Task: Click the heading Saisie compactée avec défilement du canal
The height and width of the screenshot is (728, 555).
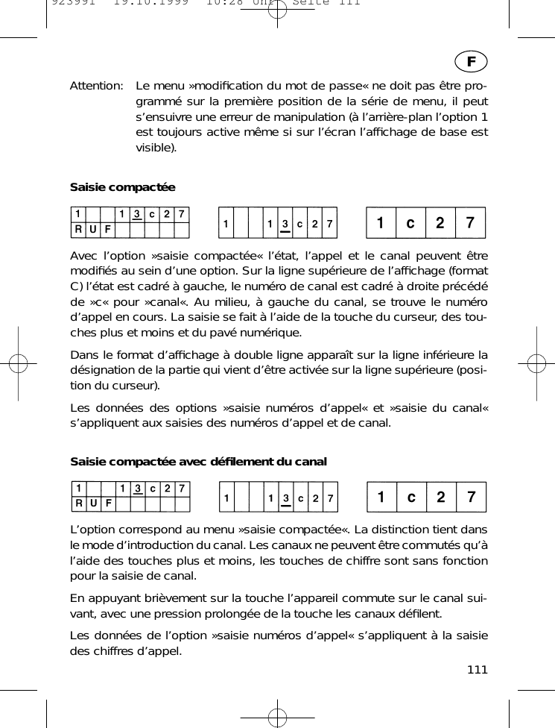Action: point(198,462)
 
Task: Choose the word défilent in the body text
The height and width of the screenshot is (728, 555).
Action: point(419,615)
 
